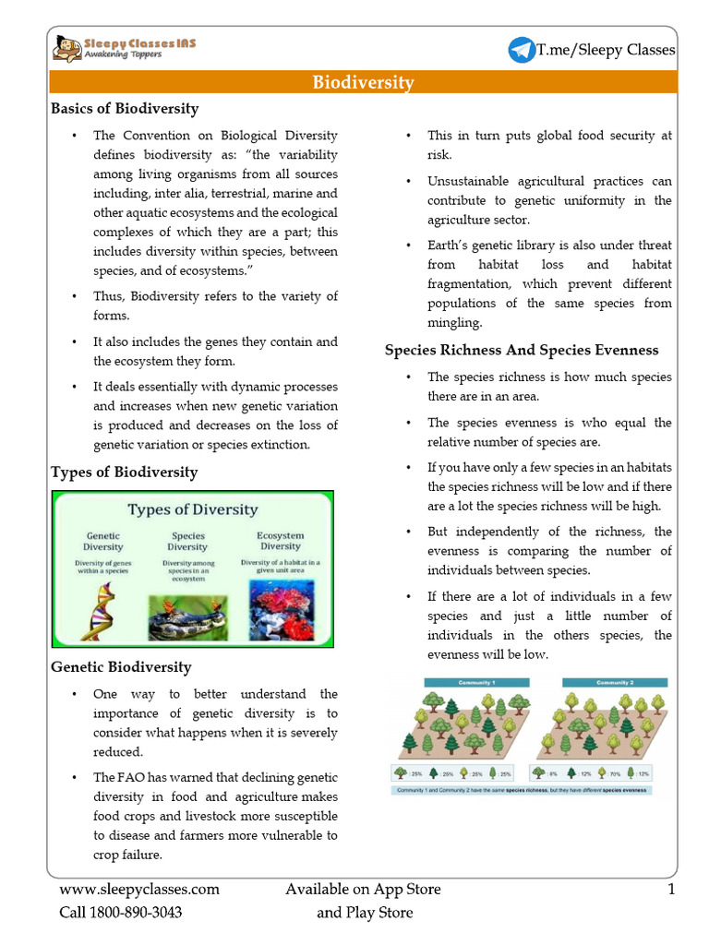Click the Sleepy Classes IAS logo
(124, 48)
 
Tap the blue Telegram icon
(521, 50)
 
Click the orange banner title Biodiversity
(363, 83)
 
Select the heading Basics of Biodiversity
(125, 109)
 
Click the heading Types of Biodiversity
(125, 472)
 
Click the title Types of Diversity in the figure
(192, 509)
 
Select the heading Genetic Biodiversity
(121, 666)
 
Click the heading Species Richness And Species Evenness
(522, 350)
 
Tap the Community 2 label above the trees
(612, 683)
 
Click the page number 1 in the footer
(671, 890)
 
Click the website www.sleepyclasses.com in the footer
(140, 890)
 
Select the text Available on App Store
(363, 890)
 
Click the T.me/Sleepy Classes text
(606, 50)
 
